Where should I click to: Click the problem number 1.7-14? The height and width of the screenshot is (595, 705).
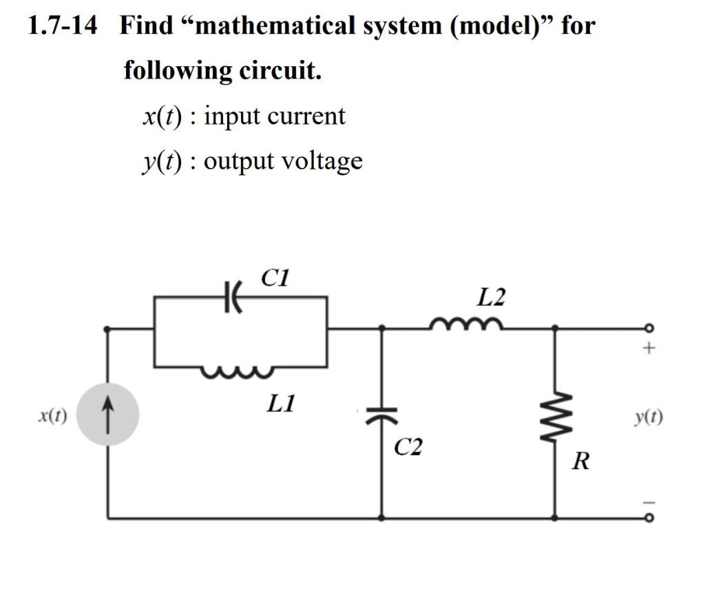pyautogui.click(x=63, y=27)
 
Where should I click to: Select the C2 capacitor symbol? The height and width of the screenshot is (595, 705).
pyautogui.click(x=382, y=415)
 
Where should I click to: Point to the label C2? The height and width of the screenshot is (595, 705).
pyautogui.click(x=408, y=448)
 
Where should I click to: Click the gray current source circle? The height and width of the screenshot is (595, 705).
pyautogui.click(x=107, y=415)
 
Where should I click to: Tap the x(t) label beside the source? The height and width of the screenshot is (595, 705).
pyautogui.click(x=52, y=415)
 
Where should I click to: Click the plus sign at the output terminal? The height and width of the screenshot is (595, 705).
pyautogui.click(x=648, y=349)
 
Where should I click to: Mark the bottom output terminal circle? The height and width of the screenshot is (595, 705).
pyautogui.click(x=647, y=517)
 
